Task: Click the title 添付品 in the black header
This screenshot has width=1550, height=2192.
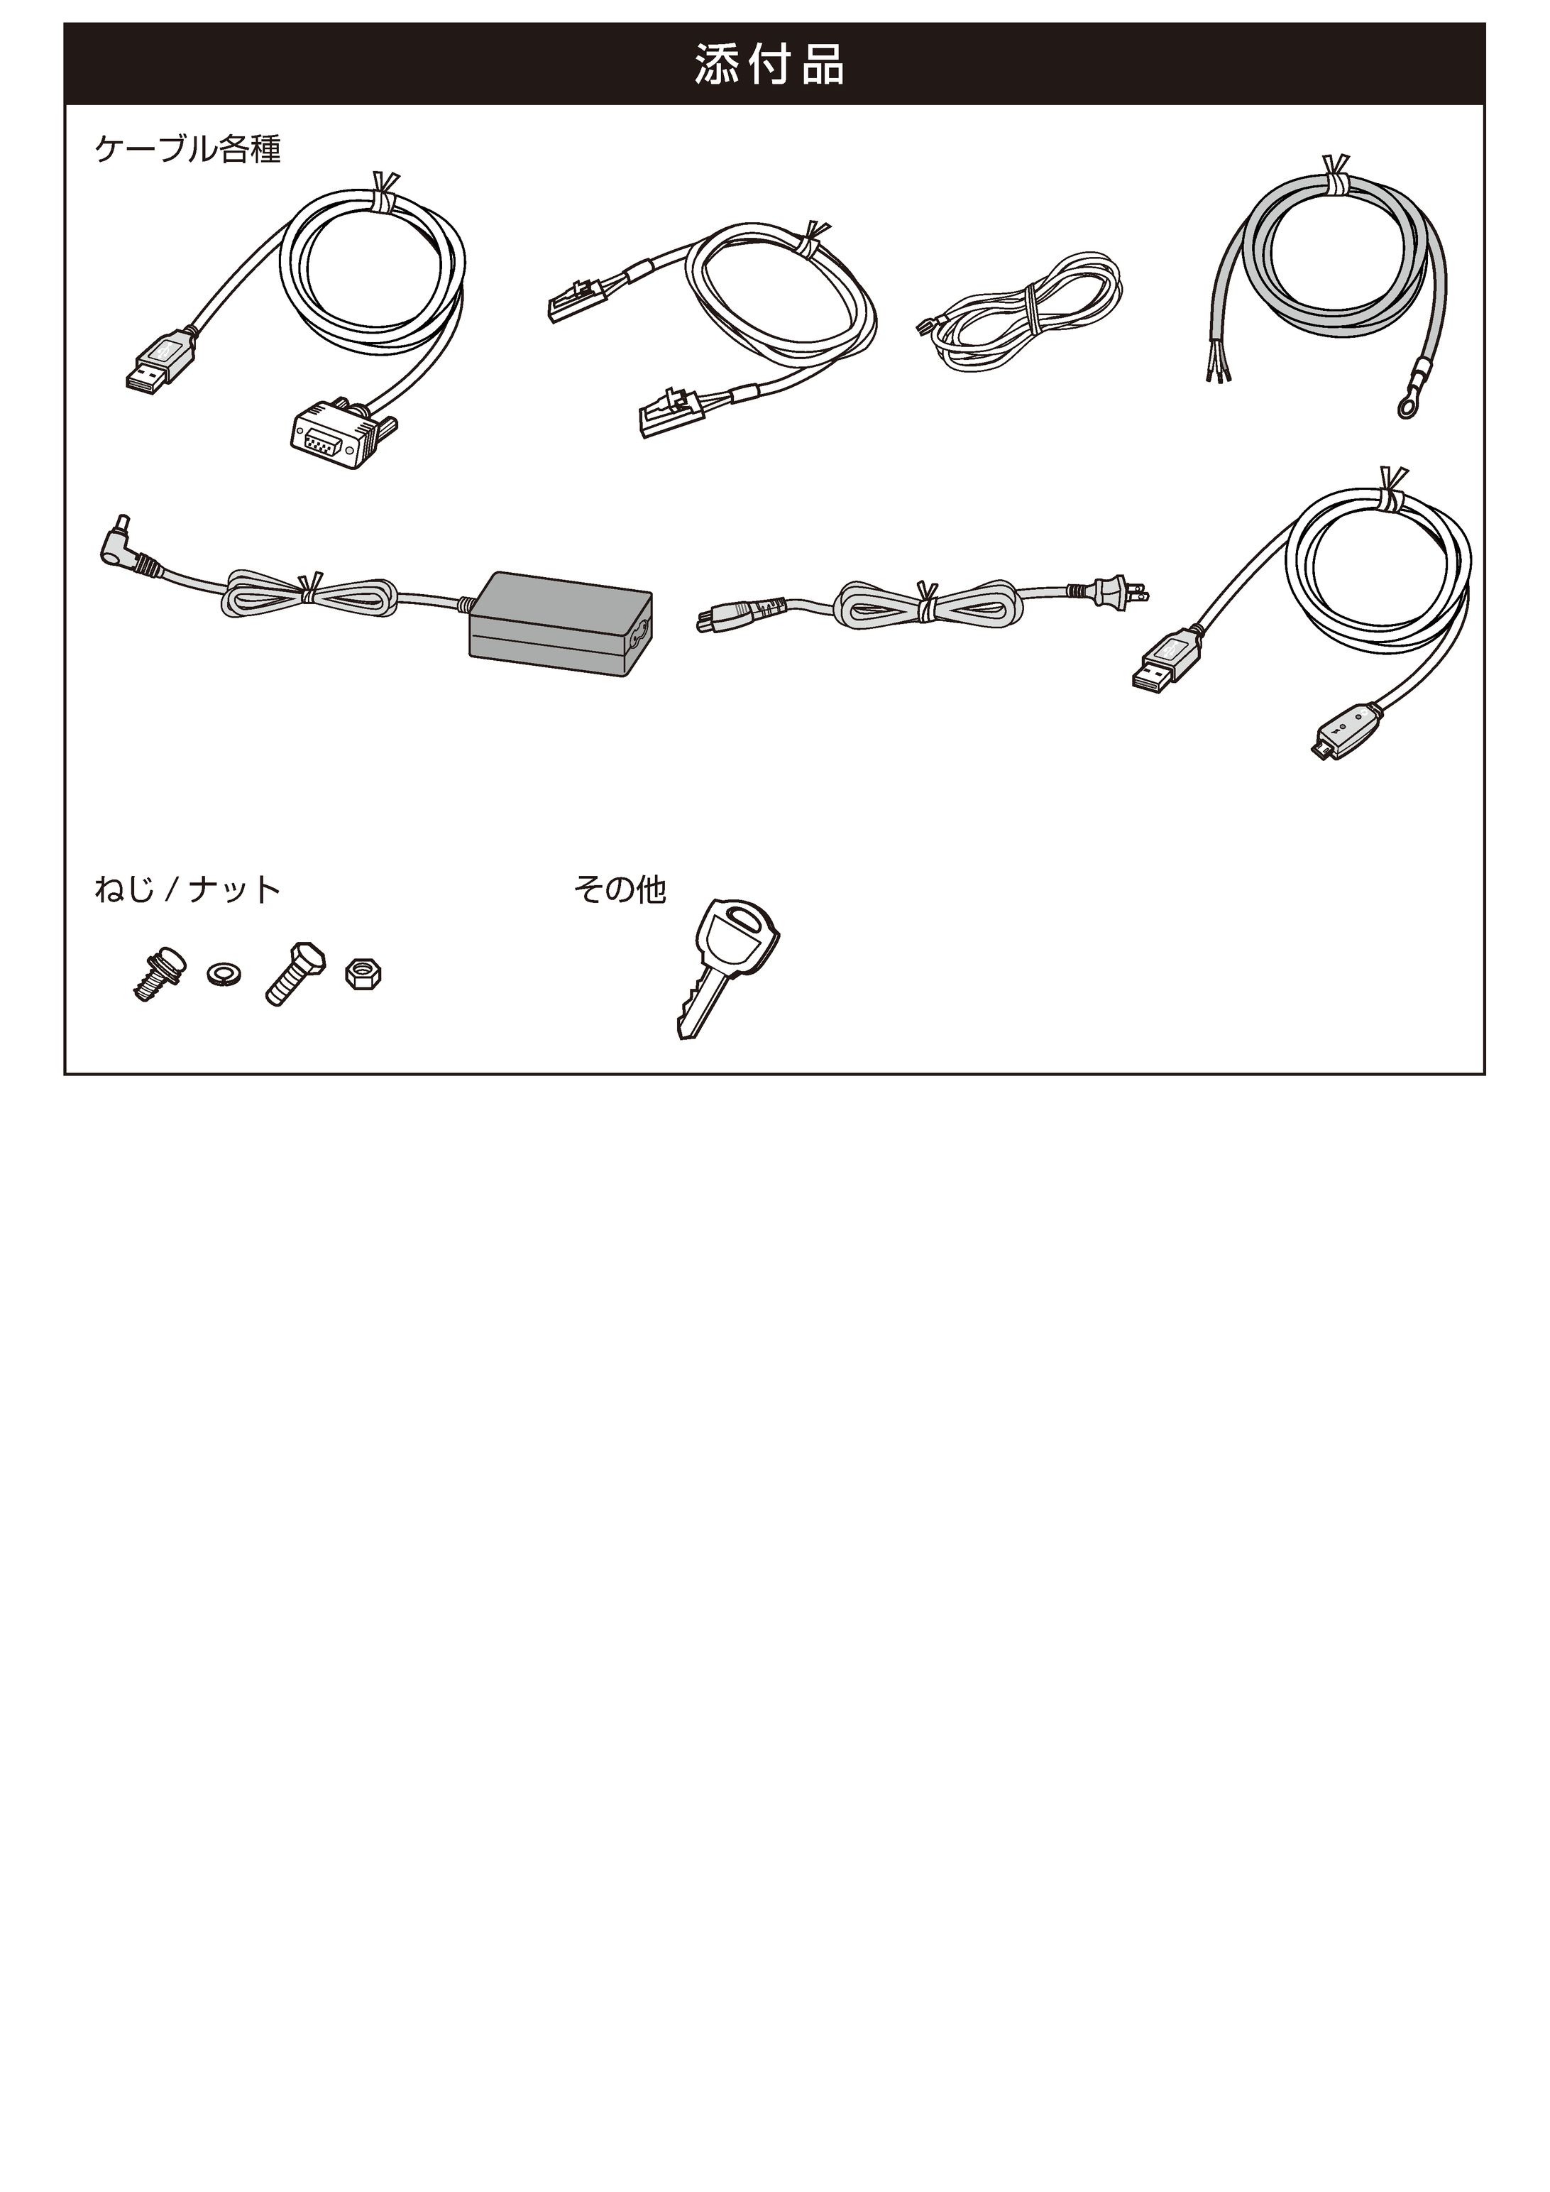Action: [769, 65]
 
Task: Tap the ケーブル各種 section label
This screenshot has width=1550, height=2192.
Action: [188, 149]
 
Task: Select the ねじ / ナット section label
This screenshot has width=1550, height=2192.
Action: [187, 889]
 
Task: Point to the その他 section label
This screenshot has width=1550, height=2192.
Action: [620, 889]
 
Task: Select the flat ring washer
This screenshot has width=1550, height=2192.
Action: [222, 974]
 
